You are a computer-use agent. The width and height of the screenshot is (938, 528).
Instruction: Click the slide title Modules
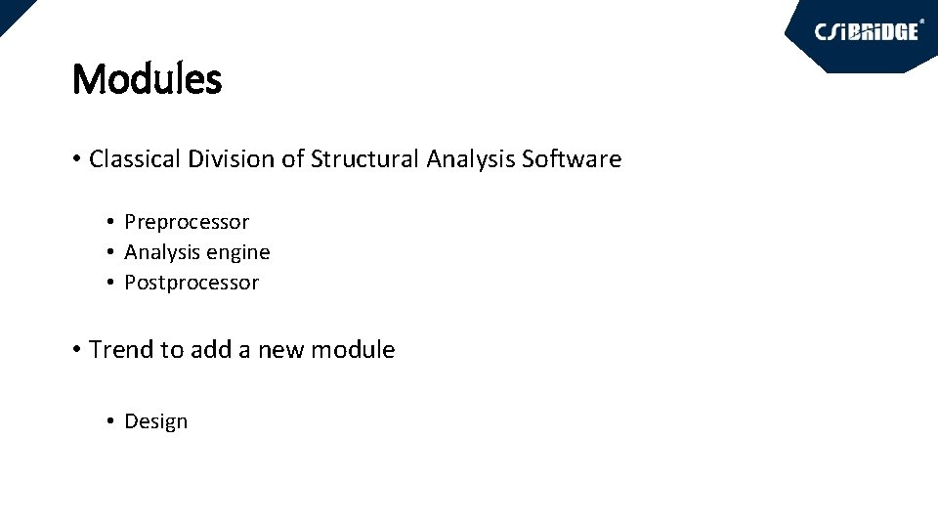148,79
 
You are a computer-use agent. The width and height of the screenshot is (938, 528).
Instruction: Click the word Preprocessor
187,223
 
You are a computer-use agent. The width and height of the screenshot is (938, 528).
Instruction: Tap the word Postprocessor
192,283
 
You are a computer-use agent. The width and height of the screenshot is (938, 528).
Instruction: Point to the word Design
156,421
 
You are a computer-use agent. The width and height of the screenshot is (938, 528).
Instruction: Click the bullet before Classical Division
76,159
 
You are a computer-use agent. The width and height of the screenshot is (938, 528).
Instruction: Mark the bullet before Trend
76,350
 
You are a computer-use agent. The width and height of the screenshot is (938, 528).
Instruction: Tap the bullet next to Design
112,421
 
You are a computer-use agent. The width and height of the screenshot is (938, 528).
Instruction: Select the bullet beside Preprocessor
112,223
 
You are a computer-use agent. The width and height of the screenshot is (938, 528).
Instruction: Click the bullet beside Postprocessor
112,283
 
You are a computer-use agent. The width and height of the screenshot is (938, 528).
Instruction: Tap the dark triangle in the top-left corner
10,10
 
